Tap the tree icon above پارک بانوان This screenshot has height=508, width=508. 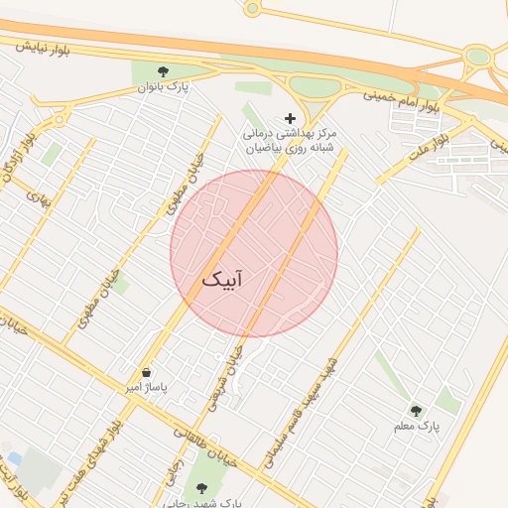(x=164, y=71)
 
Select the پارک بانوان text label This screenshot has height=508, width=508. (x=164, y=88)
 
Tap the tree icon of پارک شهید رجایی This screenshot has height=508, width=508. (x=202, y=488)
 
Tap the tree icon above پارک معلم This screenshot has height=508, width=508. (x=416, y=410)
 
